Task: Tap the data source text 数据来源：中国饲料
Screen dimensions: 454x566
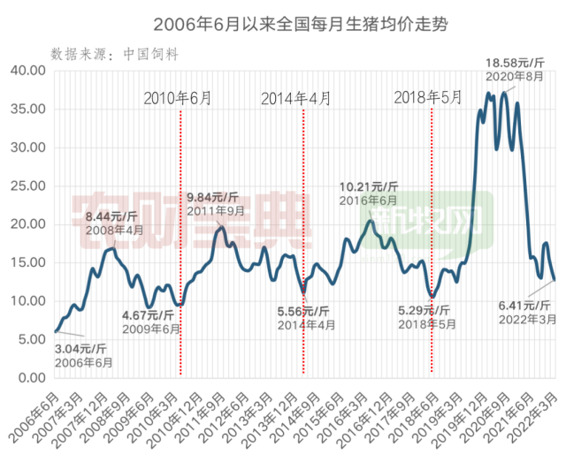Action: pos(116,54)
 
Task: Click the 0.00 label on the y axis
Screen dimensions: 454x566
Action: pos(31,377)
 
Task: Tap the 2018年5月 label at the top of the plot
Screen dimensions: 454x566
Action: pos(428,97)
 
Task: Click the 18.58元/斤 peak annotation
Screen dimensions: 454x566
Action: pos(517,63)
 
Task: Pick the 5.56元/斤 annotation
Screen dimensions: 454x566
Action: pos(306,311)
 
